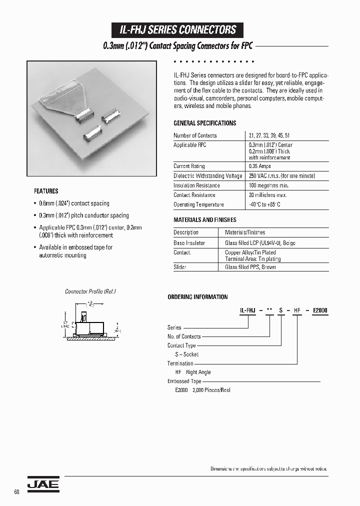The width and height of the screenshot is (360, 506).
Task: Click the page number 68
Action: pos(16,492)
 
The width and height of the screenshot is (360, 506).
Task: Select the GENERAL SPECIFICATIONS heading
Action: pos(204,123)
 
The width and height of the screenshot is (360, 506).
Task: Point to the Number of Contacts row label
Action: pos(195,135)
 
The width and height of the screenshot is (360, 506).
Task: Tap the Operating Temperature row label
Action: pos(198,204)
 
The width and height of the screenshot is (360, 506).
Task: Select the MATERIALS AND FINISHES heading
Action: pos(204,220)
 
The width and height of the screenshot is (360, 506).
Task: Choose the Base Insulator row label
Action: pos(189,243)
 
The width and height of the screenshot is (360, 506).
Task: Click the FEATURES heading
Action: pos(46,191)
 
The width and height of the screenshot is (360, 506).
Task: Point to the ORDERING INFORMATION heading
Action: pos(197,297)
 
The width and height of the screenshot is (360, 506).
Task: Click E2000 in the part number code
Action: pos(319,310)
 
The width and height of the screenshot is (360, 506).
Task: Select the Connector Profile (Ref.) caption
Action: pos(90,291)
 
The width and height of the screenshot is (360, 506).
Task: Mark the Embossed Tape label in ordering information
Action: pos(184,381)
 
